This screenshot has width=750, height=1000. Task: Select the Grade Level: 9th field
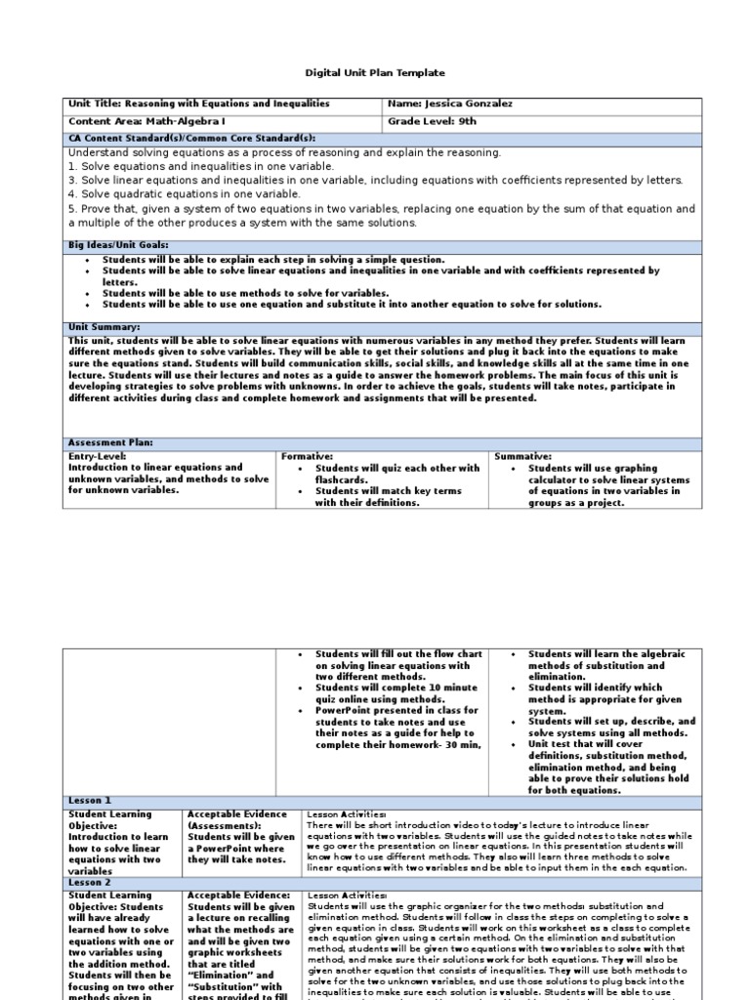pos(438,121)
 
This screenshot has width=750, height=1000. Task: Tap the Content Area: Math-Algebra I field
pos(141,121)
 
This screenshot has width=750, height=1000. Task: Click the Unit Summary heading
pos(104,327)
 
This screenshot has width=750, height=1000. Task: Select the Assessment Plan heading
pos(110,442)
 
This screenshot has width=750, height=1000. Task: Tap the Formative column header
pos(307,456)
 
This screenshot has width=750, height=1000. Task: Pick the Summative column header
pos(523,456)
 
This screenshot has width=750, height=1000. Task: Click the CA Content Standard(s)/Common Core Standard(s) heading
pos(191,139)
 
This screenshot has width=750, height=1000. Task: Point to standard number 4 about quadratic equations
pos(185,194)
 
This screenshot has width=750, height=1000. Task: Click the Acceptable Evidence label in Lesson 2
pos(237,896)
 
